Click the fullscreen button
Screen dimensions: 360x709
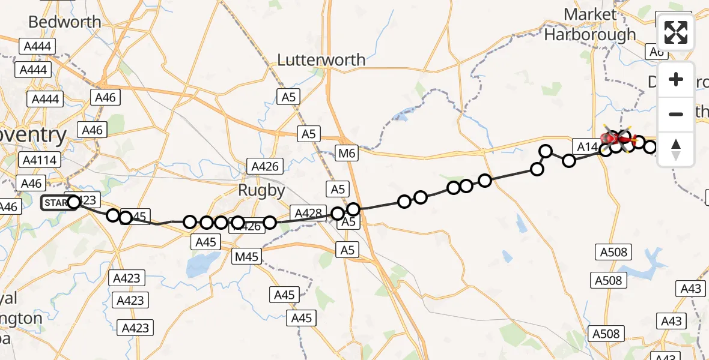click(676, 32)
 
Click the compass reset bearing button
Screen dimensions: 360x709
click(676, 149)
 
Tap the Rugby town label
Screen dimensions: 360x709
click(261, 190)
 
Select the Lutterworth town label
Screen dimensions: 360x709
click(321, 60)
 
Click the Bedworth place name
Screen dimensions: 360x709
click(65, 22)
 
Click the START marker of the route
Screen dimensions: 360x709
click(56, 203)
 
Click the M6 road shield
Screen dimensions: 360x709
click(347, 154)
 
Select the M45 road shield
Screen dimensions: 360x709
click(247, 257)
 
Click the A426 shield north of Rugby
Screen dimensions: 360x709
click(265, 167)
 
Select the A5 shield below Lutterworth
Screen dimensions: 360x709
click(289, 96)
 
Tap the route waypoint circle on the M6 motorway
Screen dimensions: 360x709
click(353, 209)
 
